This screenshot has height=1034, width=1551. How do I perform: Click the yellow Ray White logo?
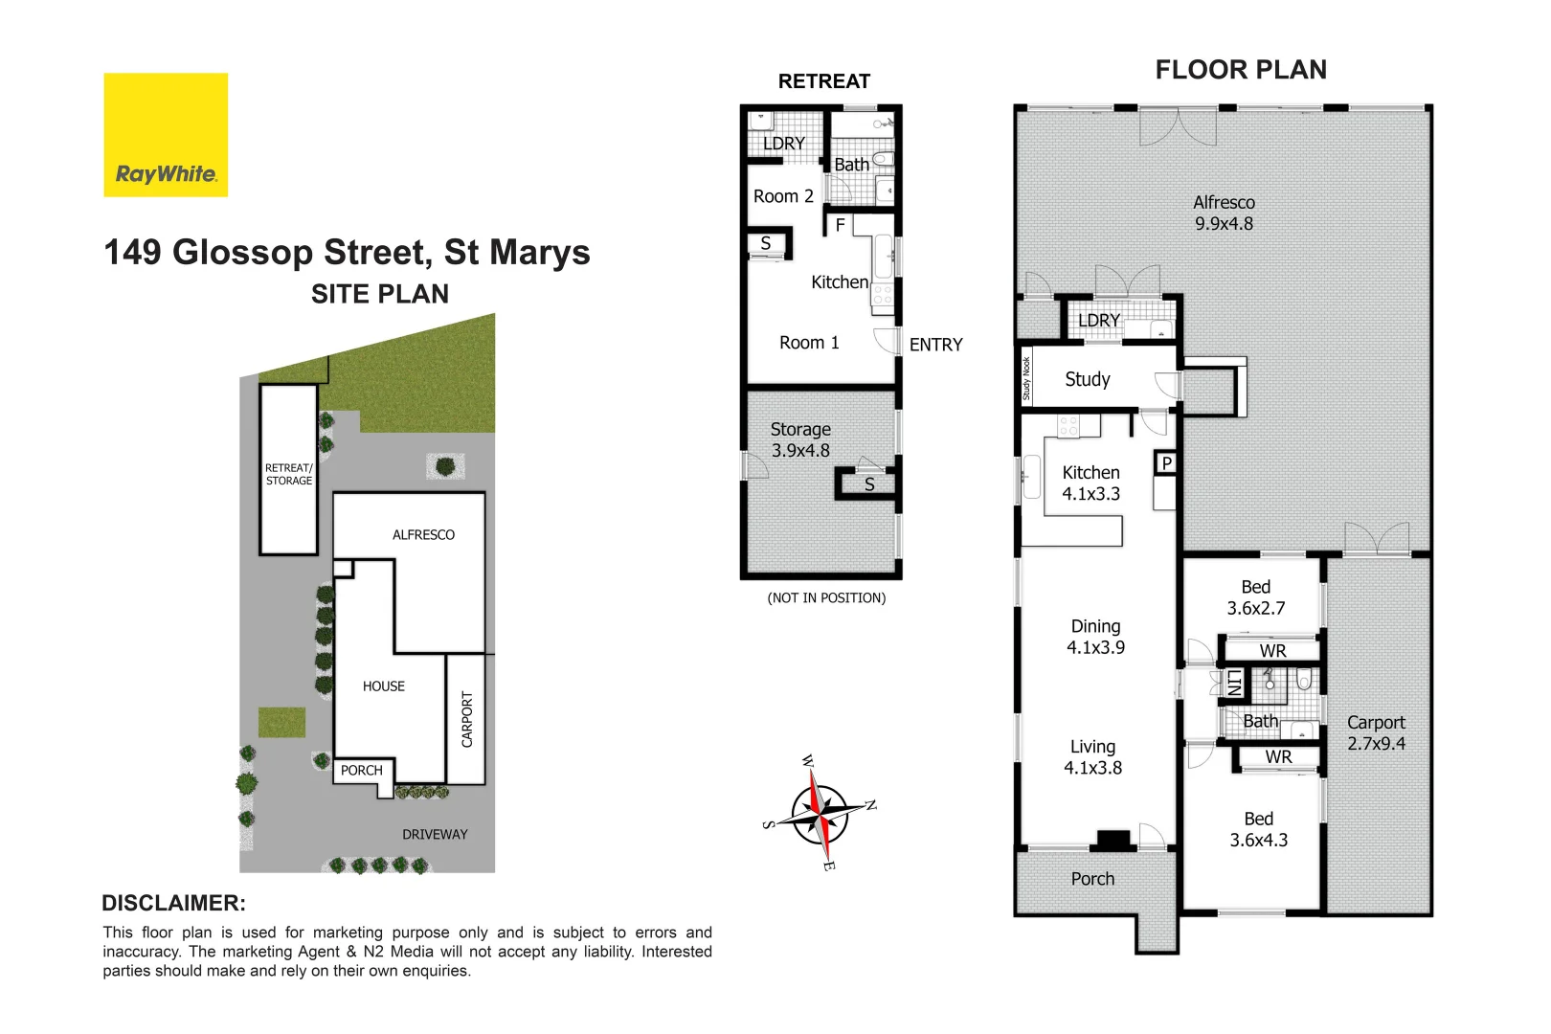[166, 135]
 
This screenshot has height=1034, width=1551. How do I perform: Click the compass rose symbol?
[820, 814]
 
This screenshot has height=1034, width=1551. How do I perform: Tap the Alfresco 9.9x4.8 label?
[1224, 213]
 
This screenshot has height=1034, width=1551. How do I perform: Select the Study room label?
[1088, 379]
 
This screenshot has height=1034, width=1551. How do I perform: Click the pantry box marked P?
[1166, 463]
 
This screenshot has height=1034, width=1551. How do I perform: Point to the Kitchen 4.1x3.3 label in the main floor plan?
[1090, 483]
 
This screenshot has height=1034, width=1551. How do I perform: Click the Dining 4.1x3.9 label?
[1095, 637]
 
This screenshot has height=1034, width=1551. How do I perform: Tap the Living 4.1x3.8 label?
[1092, 756]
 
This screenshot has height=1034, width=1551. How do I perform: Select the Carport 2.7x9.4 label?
[1376, 732]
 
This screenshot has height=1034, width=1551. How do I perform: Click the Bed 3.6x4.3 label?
[1258, 829]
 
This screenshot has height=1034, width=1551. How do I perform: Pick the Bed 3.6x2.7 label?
[1256, 597]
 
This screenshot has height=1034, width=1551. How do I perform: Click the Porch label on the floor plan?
[1092, 879]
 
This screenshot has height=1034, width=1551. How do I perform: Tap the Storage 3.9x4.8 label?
[800, 439]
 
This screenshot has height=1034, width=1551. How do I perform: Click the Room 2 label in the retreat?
[783, 196]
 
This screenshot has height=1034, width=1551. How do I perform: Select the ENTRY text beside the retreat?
[935, 345]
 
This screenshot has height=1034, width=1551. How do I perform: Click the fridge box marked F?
[840, 225]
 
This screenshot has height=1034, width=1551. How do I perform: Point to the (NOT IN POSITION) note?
[826, 597]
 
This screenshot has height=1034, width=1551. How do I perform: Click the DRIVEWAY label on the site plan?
[435, 834]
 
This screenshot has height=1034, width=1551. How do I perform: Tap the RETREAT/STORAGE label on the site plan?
[288, 474]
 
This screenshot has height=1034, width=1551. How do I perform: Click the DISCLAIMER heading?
[173, 903]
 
